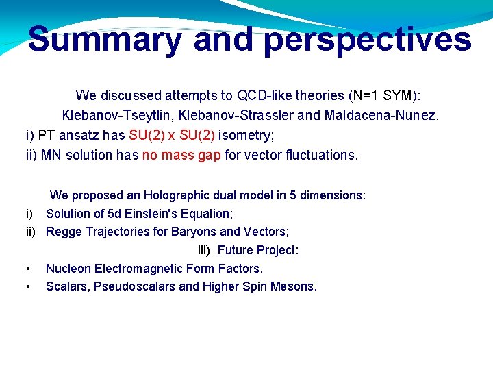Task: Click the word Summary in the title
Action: coord(105,39)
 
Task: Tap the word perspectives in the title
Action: coord(368,39)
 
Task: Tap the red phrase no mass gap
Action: coord(181,155)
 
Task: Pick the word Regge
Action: coord(63,232)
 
